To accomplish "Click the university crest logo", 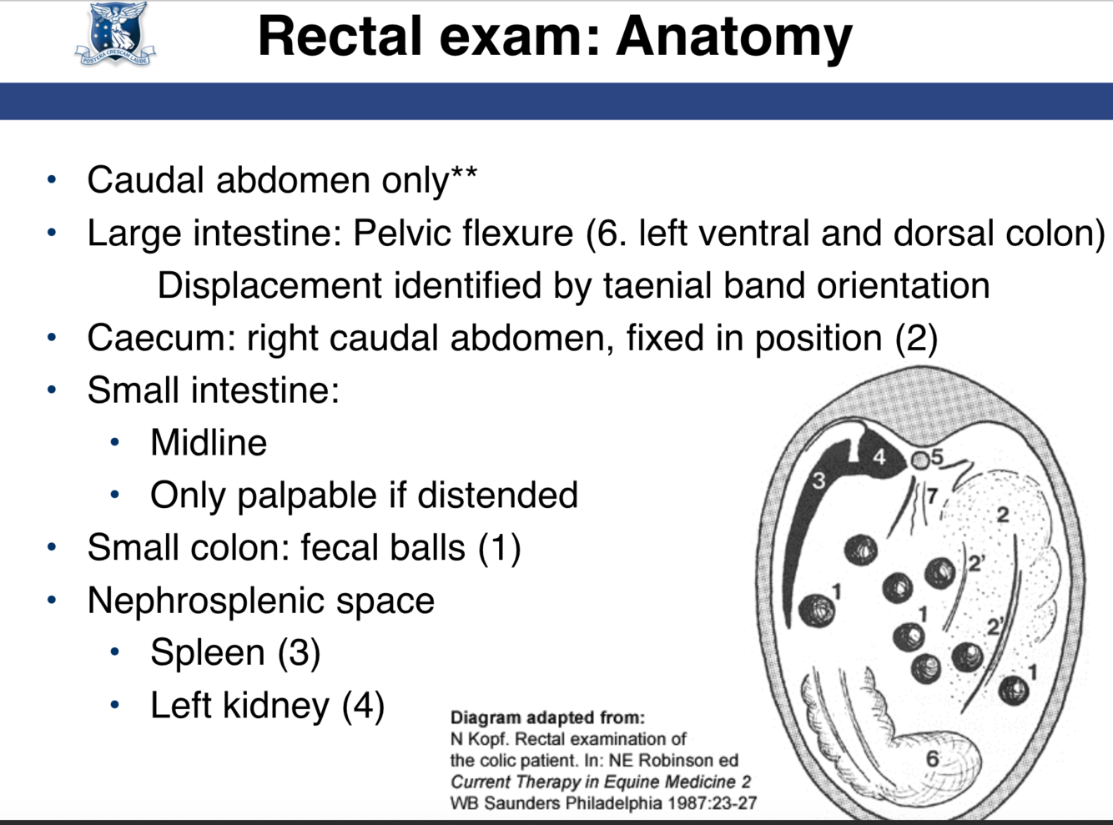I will [x=115, y=34].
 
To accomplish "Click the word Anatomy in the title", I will [x=734, y=37].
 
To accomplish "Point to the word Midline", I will [x=209, y=443].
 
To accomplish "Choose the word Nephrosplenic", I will [x=204, y=601].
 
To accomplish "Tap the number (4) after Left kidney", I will [x=364, y=706].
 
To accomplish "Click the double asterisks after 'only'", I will [x=464, y=176].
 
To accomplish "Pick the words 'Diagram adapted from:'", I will [x=547, y=717].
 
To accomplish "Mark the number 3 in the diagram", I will [x=818, y=480].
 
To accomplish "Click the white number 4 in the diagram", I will [x=879, y=457].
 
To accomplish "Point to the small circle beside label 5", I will [x=919, y=460].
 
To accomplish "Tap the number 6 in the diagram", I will [x=933, y=758].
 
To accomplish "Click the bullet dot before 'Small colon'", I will [x=52, y=548].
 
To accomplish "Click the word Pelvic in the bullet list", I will [x=394, y=234].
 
